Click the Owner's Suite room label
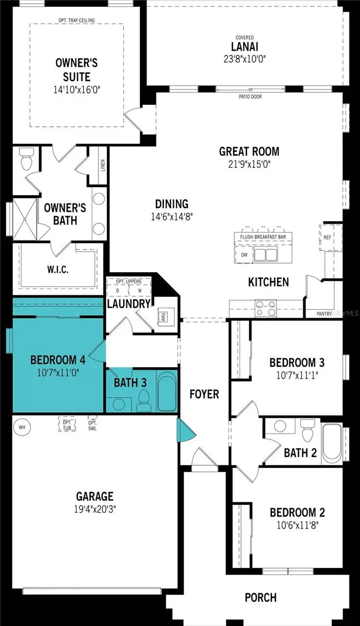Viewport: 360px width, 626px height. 77,70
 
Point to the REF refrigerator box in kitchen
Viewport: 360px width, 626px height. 327,237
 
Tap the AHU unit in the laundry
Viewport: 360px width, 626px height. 162,317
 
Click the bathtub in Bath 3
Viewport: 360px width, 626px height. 166,392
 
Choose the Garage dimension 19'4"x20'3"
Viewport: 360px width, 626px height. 94,509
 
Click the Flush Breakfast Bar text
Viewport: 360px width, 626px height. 263,237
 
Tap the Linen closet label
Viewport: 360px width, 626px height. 103,165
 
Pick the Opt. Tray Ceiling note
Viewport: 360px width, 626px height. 77,20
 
